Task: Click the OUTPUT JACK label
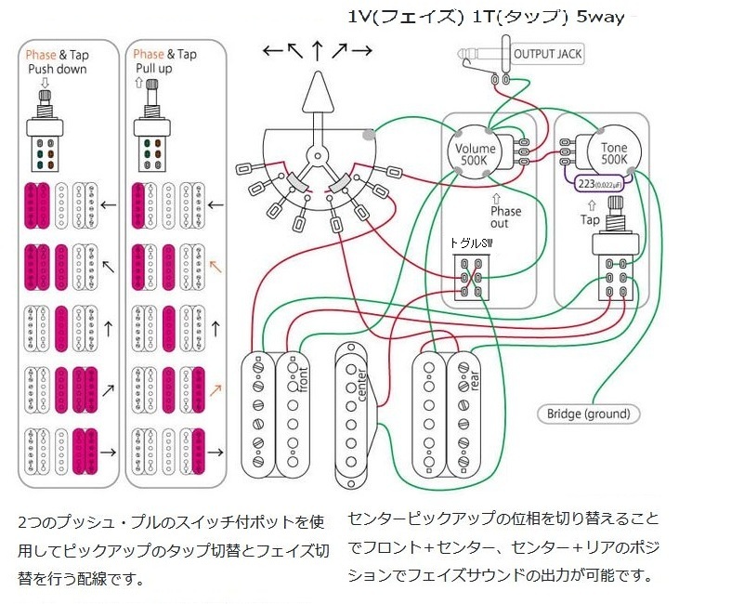point(547,54)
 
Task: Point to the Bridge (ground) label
point(588,414)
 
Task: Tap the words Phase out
point(506,217)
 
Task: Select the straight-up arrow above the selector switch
point(318,49)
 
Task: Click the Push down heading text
point(58,70)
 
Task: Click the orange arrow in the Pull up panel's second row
point(215,264)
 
